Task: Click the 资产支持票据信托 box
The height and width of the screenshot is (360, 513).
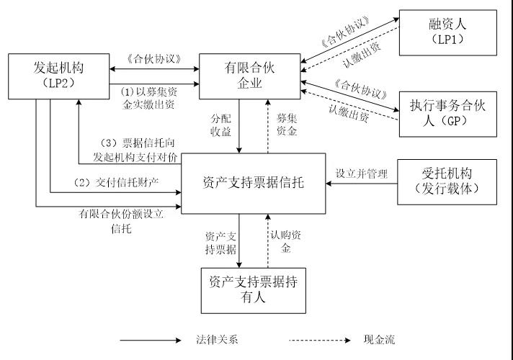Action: click(253, 183)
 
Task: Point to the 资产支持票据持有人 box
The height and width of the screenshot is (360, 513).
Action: click(253, 289)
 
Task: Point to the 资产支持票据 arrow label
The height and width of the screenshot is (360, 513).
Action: click(220, 241)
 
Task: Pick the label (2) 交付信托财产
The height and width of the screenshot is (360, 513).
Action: click(116, 183)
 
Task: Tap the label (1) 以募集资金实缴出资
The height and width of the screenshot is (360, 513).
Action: click(147, 96)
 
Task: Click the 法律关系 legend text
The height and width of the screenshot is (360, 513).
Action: click(214, 340)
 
